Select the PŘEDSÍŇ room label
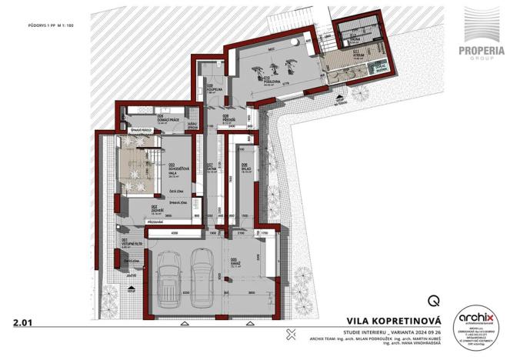point(238,119)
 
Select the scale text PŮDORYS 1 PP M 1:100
point(42,26)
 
